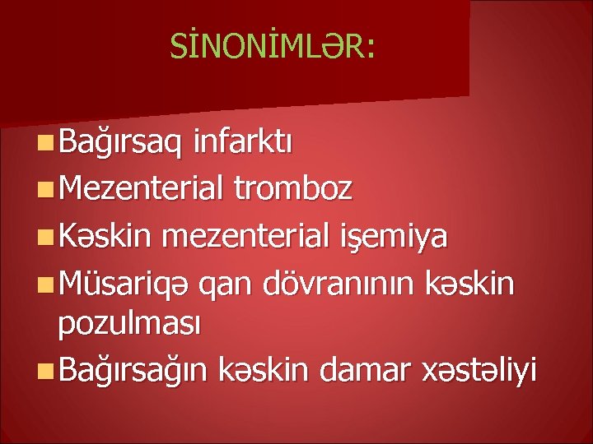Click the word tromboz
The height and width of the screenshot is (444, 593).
pos(293,190)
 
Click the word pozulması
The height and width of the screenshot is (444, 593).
pos(129,325)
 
